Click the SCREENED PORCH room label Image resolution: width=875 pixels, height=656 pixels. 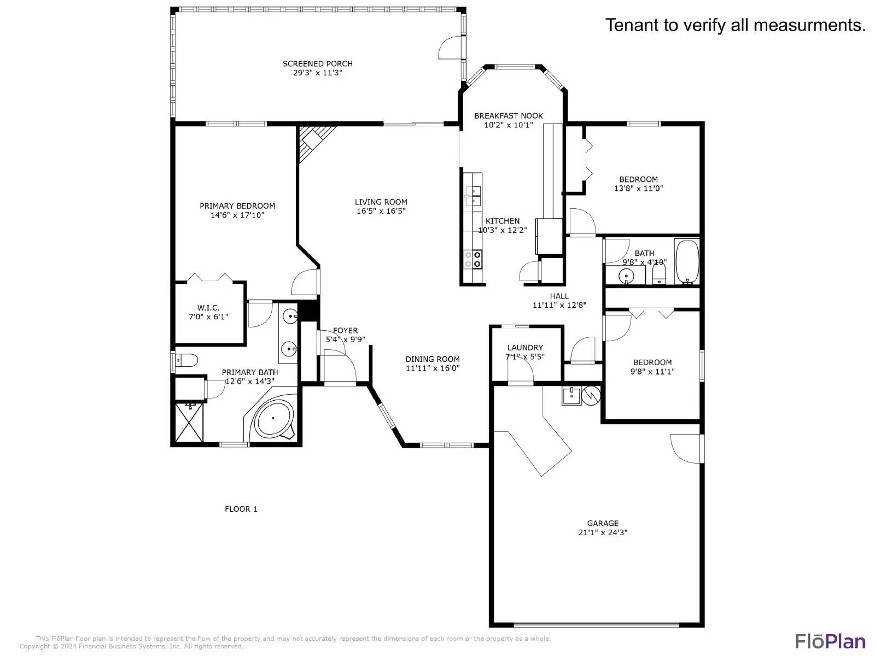tap(317, 63)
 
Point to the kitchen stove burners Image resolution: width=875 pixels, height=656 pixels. tap(473, 259)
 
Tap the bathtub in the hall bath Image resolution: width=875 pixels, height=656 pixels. tap(687, 261)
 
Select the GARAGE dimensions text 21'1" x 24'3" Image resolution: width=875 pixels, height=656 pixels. tap(603, 532)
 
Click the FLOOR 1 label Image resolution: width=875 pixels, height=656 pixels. tap(241, 509)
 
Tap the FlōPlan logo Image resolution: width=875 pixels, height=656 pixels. tap(830, 641)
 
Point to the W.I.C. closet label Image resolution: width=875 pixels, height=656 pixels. tap(208, 308)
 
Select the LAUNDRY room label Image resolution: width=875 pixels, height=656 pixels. tap(525, 348)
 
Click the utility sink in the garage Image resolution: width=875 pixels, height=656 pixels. tap(571, 395)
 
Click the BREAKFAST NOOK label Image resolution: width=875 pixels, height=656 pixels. tap(509, 116)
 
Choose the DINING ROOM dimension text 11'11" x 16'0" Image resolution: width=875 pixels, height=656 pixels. tap(432, 368)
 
